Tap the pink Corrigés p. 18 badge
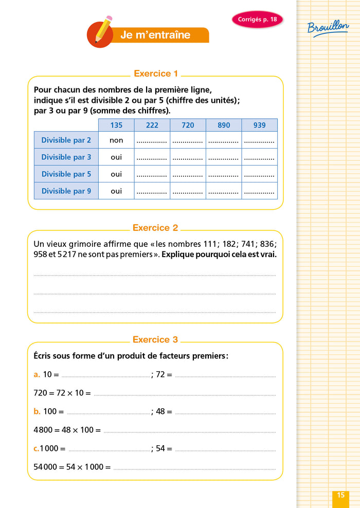(257, 20)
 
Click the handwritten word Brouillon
(328, 27)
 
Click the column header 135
(116, 125)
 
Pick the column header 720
(188, 125)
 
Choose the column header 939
(259, 125)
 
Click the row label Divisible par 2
(66, 140)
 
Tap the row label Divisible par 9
(66, 191)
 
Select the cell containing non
(116, 140)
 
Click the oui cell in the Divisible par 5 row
(116, 174)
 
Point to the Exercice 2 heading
(155, 228)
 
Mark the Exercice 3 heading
(155, 339)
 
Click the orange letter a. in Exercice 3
(37, 374)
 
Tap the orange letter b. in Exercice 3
(37, 411)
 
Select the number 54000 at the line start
(45, 467)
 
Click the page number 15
(340, 495)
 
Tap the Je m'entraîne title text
(155, 35)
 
